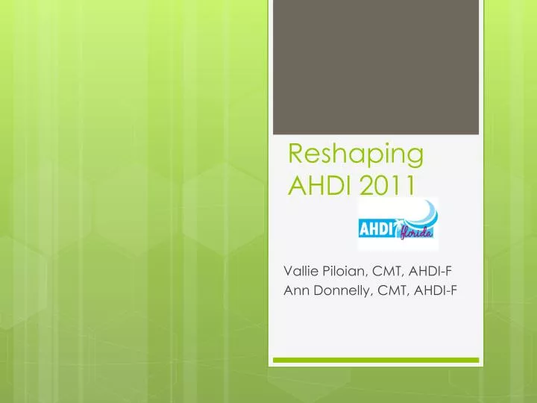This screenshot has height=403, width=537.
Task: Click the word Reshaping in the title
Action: click(x=356, y=155)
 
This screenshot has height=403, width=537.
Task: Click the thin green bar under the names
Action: click(x=375, y=360)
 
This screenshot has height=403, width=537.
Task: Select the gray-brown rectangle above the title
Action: click(x=375, y=67)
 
